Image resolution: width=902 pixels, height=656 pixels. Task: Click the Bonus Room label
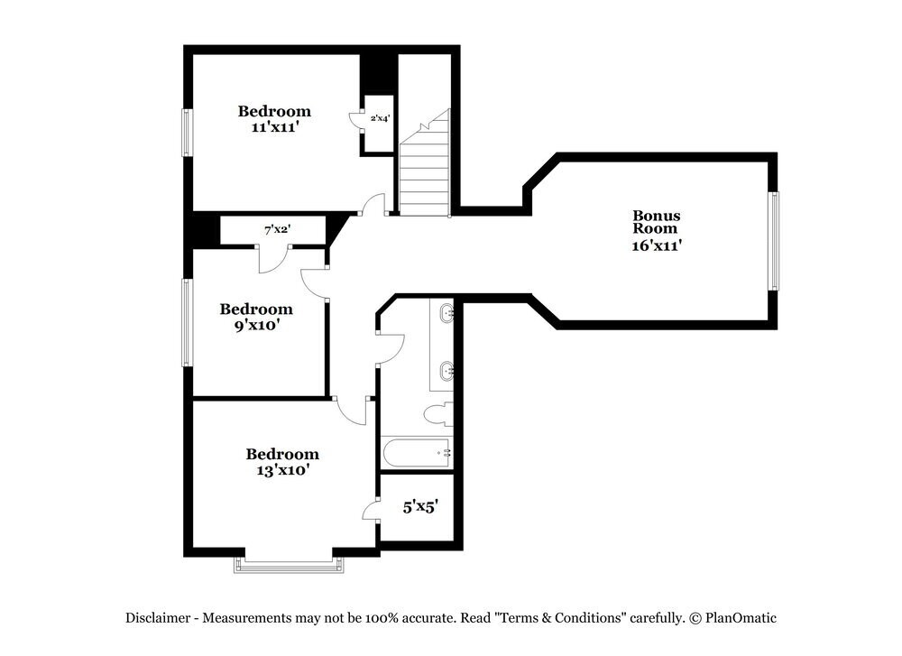point(656,222)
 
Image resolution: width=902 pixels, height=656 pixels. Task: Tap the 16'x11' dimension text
point(656,245)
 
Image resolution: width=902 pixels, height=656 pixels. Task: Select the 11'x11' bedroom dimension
point(274,127)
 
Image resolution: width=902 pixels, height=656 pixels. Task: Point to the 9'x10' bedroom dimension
point(256,325)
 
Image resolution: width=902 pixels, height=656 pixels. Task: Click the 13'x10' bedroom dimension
point(282,469)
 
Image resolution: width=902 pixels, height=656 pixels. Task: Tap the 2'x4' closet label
point(380,118)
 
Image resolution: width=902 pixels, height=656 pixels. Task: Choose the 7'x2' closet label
point(277,230)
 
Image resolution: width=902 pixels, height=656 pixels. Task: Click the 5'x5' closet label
point(419,507)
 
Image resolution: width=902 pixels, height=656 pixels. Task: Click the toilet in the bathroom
point(438,415)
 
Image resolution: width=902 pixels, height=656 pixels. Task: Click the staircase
point(425,171)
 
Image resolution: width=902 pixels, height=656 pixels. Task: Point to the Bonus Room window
point(773,241)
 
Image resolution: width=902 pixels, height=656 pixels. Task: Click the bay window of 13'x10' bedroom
point(290,565)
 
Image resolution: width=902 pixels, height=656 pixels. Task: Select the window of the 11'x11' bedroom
point(188,132)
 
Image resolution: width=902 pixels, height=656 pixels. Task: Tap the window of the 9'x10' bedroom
point(188,322)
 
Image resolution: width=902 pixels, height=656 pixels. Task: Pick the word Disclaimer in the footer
point(157,618)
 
